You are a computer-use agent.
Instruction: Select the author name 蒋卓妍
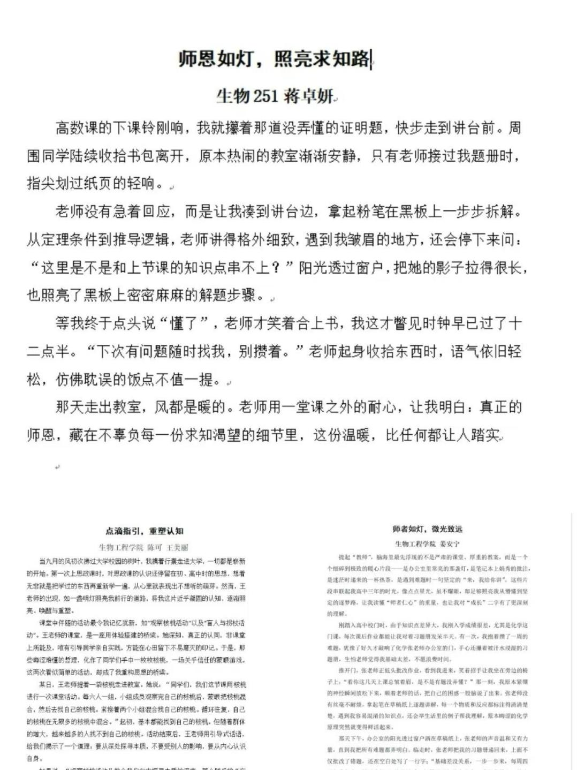click(x=308, y=96)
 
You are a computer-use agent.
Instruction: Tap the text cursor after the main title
click(x=371, y=59)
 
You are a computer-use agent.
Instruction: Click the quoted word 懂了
click(x=184, y=323)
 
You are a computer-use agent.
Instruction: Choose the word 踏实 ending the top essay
click(x=485, y=435)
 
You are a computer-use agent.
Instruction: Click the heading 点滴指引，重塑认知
click(x=145, y=531)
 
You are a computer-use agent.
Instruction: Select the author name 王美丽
click(x=178, y=547)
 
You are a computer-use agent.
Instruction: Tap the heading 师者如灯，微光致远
click(x=427, y=529)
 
